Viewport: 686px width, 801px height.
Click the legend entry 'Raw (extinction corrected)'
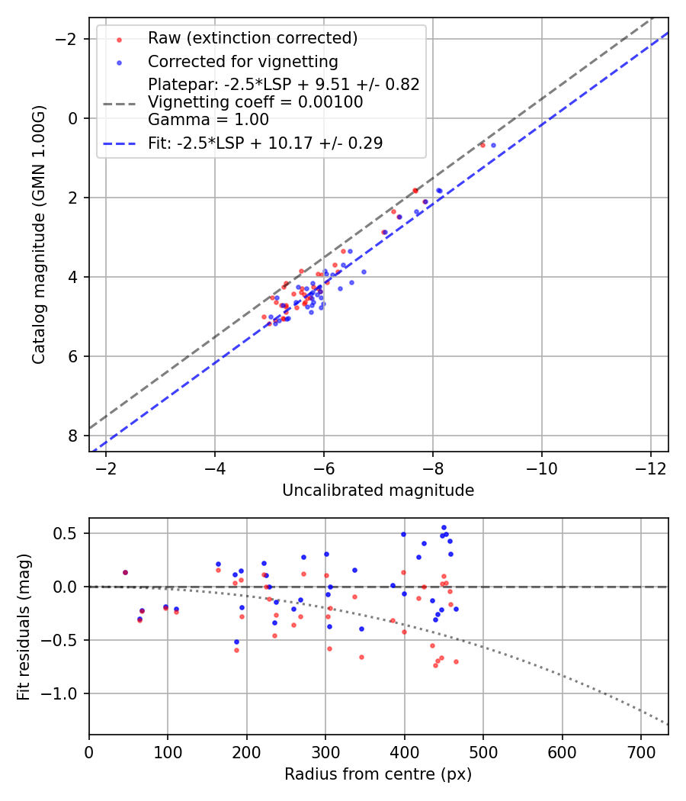(x=252, y=38)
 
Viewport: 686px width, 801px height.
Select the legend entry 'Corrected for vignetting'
(x=242, y=61)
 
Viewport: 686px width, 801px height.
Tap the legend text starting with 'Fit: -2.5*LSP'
(x=265, y=143)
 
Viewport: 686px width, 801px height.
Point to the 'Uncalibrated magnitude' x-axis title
(x=378, y=491)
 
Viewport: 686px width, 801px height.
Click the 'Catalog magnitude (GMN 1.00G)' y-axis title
(x=39, y=234)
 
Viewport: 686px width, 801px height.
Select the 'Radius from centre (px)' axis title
(x=378, y=774)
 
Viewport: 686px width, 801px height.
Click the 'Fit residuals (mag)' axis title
(x=24, y=626)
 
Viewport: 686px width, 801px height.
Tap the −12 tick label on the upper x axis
(x=650, y=467)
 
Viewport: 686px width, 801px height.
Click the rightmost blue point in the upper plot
(x=493, y=145)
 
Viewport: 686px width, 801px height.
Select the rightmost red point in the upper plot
(x=482, y=145)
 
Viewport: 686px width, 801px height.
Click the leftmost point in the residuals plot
(x=125, y=572)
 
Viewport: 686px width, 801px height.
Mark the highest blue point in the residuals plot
(x=444, y=527)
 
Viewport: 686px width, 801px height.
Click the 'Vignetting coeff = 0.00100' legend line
(x=255, y=101)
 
